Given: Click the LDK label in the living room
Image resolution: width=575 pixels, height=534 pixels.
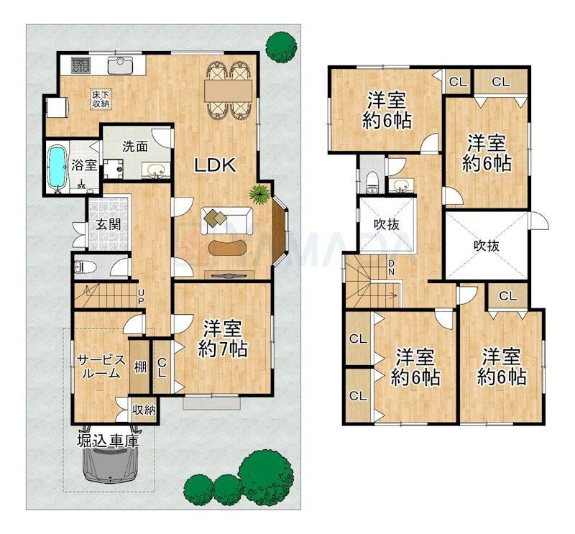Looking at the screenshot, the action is click(215, 165).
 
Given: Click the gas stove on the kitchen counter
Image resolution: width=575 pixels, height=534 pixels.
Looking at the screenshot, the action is click(80, 65).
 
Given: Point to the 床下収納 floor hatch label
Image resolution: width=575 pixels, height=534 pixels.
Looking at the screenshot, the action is click(101, 99).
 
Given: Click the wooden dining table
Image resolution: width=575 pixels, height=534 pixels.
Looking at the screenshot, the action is click(229, 90).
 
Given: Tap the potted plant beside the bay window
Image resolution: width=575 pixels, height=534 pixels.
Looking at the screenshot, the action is click(260, 193).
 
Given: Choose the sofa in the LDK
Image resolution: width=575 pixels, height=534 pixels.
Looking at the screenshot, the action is click(226, 221).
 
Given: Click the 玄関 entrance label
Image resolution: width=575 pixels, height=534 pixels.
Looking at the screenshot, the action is click(109, 224).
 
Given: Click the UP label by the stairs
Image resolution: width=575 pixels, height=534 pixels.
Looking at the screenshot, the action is click(141, 296).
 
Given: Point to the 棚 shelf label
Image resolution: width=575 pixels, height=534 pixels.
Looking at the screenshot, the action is click(139, 367).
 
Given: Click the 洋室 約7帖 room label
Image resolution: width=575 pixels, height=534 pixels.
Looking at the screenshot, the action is click(223, 339).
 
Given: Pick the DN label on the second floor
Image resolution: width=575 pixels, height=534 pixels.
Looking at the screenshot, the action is click(391, 267).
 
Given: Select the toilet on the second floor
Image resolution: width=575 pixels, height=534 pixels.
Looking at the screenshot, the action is click(372, 181).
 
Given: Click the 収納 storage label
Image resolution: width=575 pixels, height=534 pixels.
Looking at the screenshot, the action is click(144, 409).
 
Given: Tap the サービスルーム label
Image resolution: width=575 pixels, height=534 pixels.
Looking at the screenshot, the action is click(101, 367).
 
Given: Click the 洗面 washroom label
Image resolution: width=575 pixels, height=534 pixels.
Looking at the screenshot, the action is click(135, 147).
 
